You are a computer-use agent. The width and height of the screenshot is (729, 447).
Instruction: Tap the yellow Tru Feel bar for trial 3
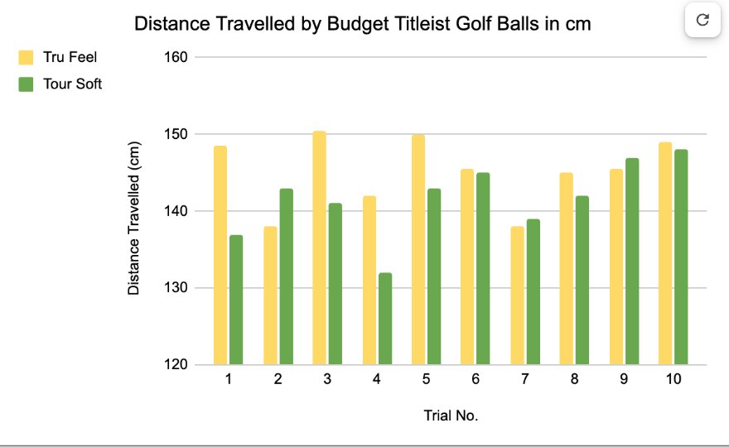[319, 248]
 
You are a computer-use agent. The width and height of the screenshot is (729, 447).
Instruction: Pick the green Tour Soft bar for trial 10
[681, 257]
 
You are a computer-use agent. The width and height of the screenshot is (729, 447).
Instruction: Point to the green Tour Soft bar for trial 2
[286, 276]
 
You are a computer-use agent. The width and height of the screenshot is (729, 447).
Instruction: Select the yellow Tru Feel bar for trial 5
[418, 249]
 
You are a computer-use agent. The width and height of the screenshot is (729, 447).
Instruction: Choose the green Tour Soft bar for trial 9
[632, 261]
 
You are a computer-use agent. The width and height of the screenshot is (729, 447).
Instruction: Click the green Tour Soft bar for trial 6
[484, 268]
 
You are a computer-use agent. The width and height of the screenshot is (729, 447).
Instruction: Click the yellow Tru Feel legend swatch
[27, 57]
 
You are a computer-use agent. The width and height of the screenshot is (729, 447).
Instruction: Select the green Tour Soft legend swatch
[27, 84]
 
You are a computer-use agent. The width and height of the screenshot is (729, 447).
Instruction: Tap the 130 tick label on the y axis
[174, 288]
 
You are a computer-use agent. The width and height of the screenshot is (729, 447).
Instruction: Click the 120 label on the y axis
[174, 365]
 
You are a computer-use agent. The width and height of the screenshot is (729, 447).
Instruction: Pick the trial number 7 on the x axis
[524, 379]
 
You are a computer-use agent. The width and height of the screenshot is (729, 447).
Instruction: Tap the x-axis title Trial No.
[451, 416]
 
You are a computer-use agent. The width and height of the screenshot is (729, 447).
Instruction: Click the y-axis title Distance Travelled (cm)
[134, 218]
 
